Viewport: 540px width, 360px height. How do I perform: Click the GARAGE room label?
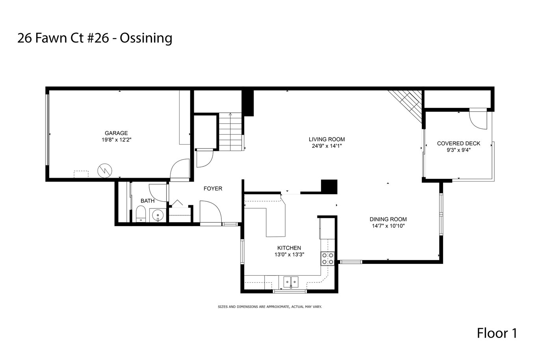click(116, 133)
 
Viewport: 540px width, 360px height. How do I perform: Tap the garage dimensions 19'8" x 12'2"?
click(117, 140)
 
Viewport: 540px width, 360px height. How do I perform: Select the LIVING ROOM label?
click(327, 139)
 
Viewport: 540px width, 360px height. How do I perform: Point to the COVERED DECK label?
click(458, 143)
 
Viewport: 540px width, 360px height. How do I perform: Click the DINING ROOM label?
click(388, 219)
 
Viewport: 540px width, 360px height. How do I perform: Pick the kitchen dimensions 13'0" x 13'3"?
click(289, 254)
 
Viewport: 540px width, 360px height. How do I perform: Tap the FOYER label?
click(213, 189)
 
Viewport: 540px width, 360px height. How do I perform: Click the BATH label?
click(148, 201)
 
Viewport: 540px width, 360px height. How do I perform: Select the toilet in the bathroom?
click(141, 213)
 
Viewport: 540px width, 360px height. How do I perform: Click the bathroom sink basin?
click(158, 215)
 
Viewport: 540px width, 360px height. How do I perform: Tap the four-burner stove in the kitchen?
click(328, 258)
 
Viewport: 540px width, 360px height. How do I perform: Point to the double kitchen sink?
click(291, 282)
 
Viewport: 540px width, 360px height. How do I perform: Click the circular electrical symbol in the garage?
click(105, 171)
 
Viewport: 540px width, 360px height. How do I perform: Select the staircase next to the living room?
click(230, 132)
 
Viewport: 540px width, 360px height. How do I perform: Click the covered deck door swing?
click(478, 119)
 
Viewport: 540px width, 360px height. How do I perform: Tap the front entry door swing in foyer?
click(211, 212)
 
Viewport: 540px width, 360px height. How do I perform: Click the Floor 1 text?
click(497, 333)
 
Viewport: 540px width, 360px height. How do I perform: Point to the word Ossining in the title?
click(146, 38)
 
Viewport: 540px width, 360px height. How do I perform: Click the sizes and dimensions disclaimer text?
click(270, 307)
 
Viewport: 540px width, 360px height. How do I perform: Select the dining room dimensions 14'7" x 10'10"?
click(388, 226)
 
